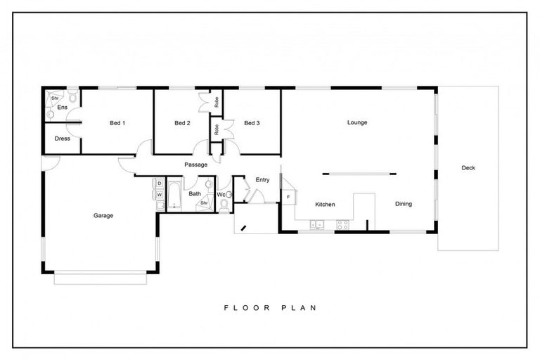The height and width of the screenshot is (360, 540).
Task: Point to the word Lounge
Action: [x=357, y=122]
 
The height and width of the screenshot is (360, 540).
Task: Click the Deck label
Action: [x=468, y=167]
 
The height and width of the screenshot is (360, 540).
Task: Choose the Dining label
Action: [x=403, y=205]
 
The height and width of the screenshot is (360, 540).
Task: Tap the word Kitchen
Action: [x=325, y=205]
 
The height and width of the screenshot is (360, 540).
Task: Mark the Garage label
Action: [x=103, y=216]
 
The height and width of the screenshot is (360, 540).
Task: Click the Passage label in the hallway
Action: [x=195, y=165]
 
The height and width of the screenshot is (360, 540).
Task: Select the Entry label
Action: [x=262, y=180]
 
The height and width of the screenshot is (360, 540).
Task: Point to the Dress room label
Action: [x=62, y=139]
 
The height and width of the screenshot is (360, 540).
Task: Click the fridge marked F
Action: [x=288, y=197]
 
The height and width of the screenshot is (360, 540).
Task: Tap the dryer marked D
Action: [x=160, y=184]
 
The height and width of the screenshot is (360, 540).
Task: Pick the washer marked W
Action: [x=160, y=194]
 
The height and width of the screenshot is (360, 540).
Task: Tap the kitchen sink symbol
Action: [x=317, y=225]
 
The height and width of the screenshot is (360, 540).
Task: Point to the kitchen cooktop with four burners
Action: [x=343, y=225]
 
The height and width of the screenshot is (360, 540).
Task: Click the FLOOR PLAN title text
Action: [x=271, y=307]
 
